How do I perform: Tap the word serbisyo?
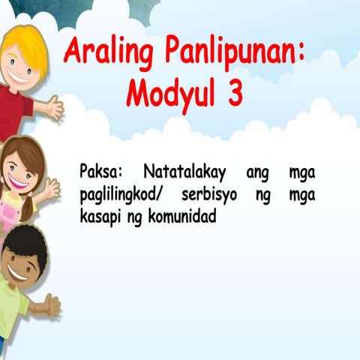(x=212, y=195)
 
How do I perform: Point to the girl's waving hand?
(x=49, y=189)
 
